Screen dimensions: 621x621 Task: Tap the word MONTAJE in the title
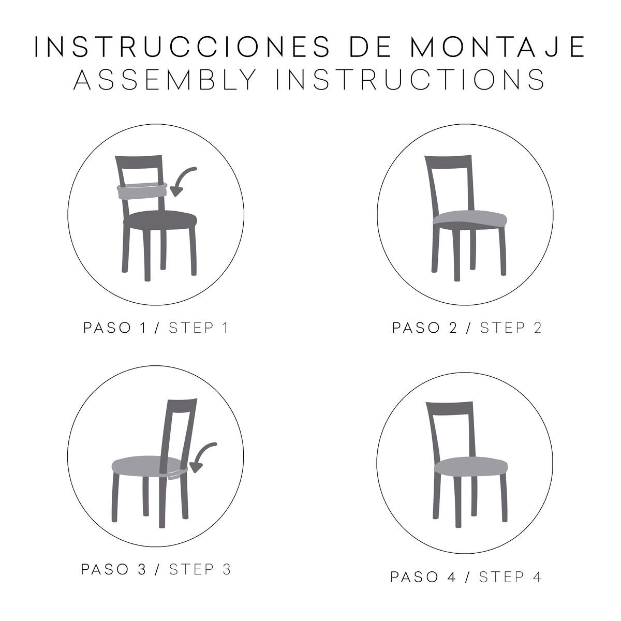[497, 47]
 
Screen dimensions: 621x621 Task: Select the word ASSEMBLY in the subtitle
[165, 79]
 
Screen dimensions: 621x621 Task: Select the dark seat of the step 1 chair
[160, 219]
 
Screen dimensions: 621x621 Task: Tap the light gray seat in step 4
[471, 466]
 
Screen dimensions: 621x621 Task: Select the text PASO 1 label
[115, 328]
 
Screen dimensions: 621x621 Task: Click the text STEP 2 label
[510, 328]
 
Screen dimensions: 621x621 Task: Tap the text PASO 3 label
[114, 569]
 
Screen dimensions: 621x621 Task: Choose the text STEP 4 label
[510, 577]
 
